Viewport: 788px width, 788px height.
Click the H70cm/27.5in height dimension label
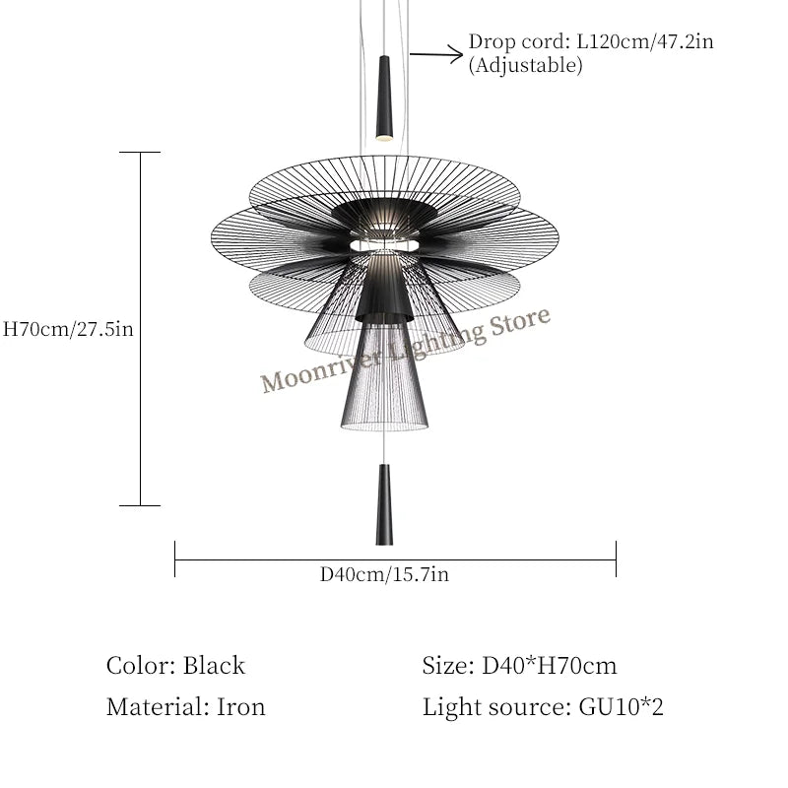point(69,330)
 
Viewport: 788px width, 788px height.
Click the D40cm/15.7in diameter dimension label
point(384,574)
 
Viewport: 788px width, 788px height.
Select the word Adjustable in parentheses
point(525,66)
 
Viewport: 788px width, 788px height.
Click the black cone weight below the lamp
point(384,504)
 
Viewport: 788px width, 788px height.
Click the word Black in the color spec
point(214,666)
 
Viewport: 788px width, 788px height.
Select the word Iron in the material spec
point(241,706)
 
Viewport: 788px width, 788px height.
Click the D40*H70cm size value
point(550,666)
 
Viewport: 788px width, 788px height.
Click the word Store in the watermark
point(520,324)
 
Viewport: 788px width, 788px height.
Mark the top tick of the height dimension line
point(140,153)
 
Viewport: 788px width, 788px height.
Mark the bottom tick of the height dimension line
point(140,505)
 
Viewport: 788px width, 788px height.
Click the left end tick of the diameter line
point(175,558)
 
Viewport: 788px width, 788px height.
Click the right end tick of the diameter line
point(616,558)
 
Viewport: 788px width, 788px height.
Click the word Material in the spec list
point(151,706)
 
